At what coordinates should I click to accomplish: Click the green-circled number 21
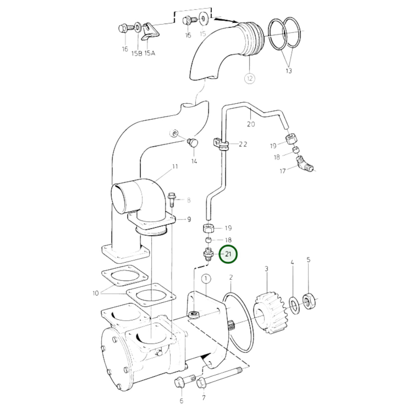(x=228, y=254)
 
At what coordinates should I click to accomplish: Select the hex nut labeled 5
(x=309, y=301)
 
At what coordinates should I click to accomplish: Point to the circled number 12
(x=250, y=78)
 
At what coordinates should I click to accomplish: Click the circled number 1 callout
(x=206, y=278)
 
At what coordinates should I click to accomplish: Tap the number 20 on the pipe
(x=251, y=124)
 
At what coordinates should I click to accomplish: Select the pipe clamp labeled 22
(x=221, y=144)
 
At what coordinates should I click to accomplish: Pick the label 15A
(x=150, y=53)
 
